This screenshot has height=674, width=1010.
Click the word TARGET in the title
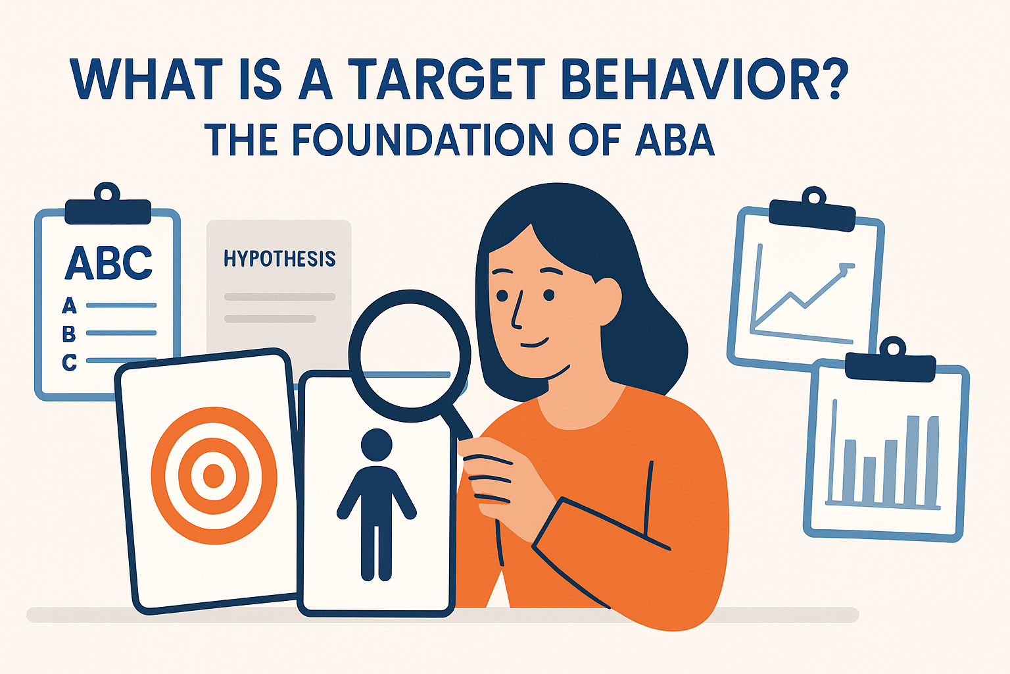point(447,79)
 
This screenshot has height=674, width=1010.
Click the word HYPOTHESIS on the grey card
point(279,259)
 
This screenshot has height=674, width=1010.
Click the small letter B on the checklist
point(69,334)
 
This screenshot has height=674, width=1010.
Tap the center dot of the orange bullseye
point(213,475)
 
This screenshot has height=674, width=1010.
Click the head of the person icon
point(376,446)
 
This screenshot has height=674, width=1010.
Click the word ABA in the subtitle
point(675,140)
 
